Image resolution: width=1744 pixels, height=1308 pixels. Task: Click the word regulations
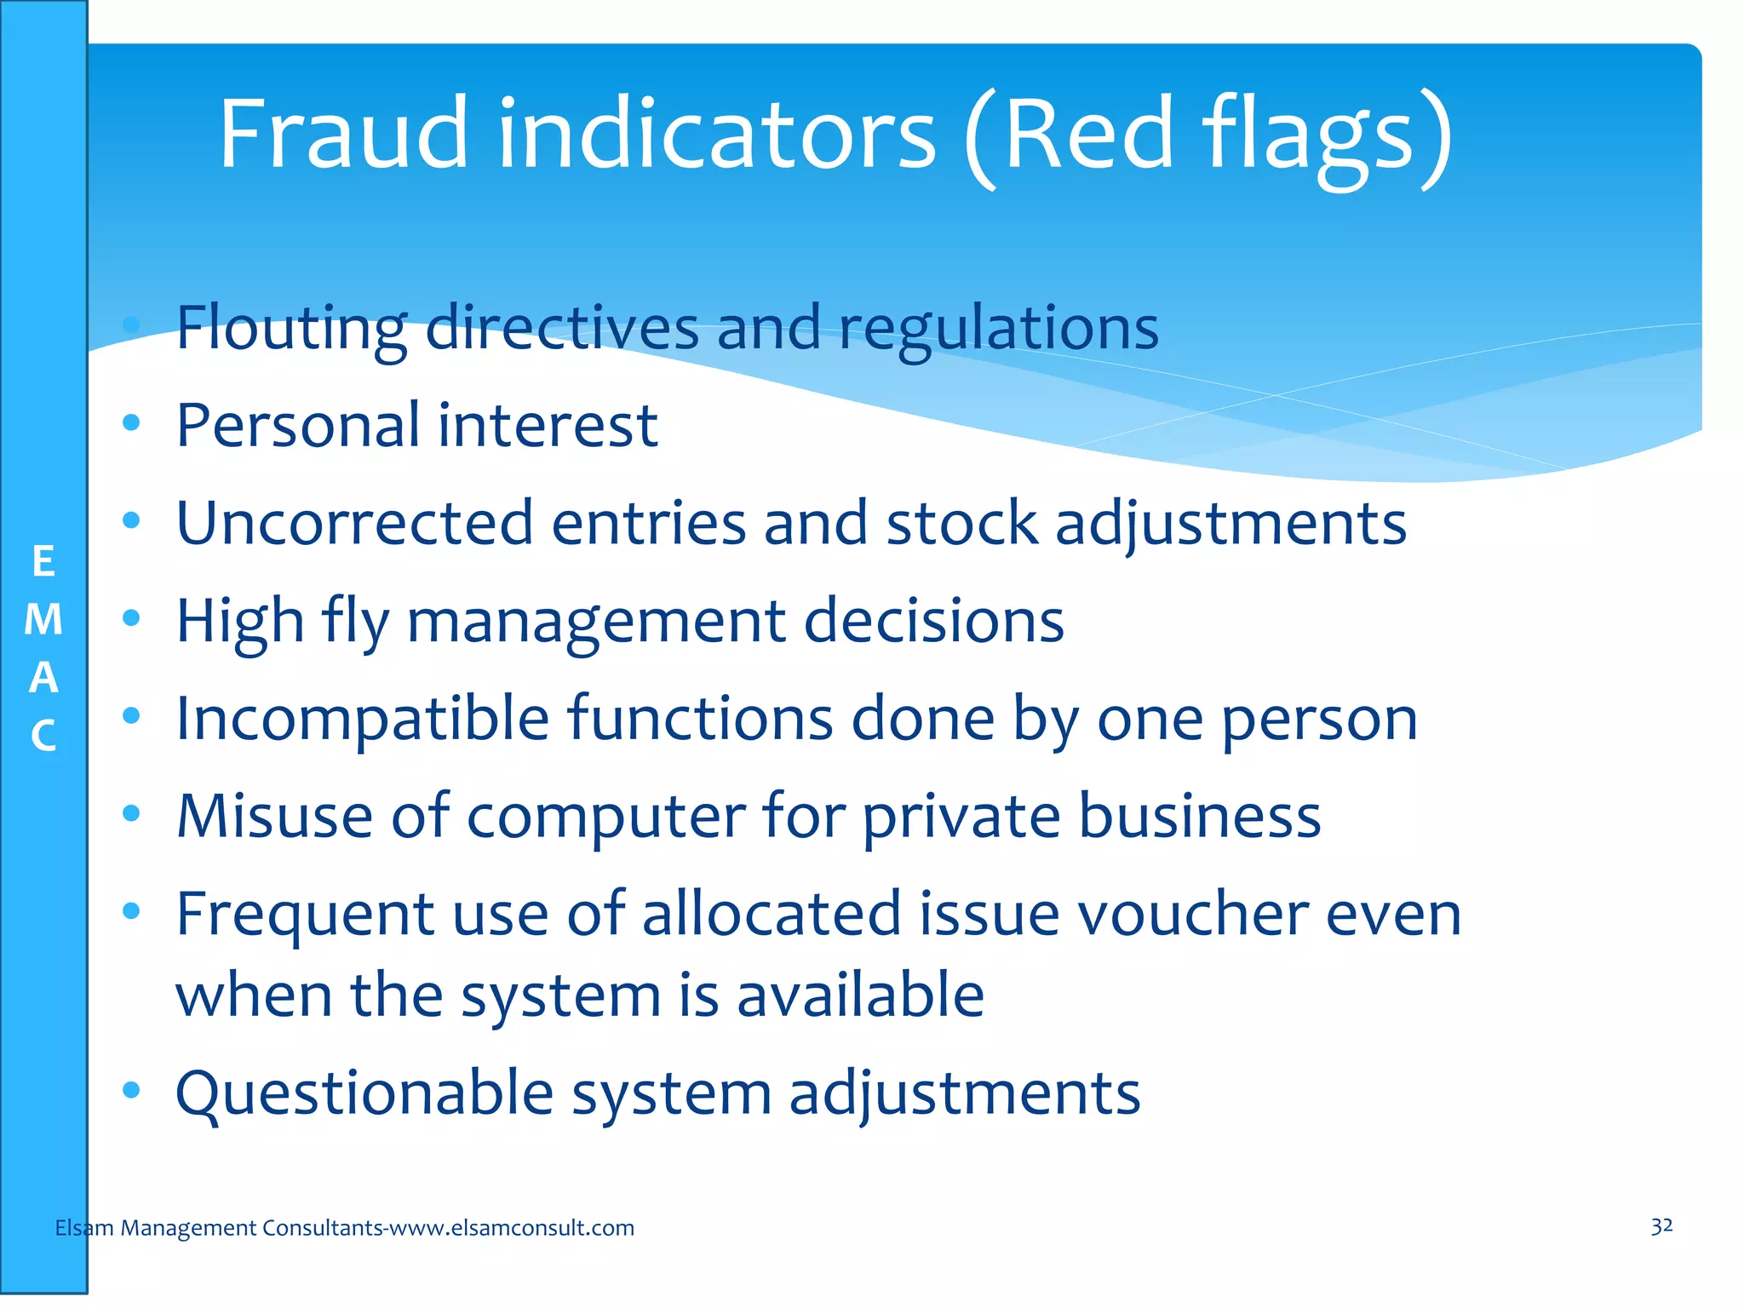[x=998, y=329]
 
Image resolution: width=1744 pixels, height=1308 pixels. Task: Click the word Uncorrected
[x=354, y=523]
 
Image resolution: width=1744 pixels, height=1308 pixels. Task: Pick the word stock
[x=961, y=523]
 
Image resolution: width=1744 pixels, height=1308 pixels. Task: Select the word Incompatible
[x=362, y=720]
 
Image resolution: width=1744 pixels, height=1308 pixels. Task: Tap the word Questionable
[x=364, y=1093]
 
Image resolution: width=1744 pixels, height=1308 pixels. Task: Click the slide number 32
[x=1661, y=1226]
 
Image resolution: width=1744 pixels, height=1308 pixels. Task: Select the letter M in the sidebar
[x=43, y=620]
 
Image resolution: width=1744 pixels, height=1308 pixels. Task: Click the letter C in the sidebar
[x=43, y=736]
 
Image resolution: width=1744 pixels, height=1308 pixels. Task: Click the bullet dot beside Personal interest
[x=130, y=422]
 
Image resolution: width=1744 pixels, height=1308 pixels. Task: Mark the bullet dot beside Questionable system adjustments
[x=130, y=1090]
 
